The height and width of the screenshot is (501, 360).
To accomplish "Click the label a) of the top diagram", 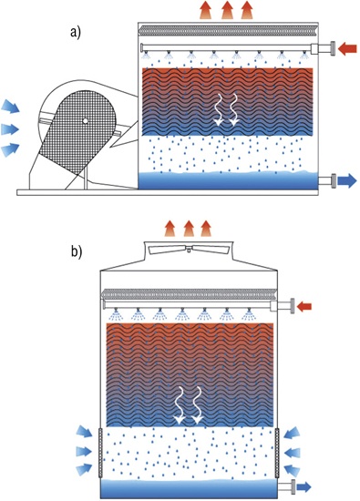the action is [76, 33].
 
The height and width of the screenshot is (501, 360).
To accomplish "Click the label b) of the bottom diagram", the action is [77, 251].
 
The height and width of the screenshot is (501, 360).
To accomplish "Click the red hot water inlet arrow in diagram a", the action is [347, 49].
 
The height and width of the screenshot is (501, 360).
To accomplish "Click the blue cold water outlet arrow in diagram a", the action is [347, 181].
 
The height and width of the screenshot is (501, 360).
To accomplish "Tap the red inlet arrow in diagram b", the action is [304, 307].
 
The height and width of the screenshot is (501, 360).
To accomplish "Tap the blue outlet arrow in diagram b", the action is [303, 487].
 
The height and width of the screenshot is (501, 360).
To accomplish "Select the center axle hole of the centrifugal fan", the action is [85, 120].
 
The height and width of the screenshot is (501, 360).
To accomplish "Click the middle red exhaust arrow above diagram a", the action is [227, 10].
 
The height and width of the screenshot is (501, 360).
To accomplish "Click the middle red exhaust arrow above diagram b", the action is [189, 228].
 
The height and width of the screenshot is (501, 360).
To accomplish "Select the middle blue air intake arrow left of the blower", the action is [10, 129].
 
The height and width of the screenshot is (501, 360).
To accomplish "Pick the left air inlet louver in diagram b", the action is [101, 453].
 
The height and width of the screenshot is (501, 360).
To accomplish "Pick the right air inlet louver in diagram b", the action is [277, 453].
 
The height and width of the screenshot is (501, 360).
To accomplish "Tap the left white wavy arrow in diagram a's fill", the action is [220, 109].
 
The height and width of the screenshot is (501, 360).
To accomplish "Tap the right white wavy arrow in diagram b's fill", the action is [198, 405].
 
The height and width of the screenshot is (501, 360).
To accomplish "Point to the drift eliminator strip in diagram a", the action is [228, 31].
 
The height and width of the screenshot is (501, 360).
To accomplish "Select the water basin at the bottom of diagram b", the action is [190, 489].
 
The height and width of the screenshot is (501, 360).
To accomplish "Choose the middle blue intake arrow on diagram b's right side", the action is [292, 452].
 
